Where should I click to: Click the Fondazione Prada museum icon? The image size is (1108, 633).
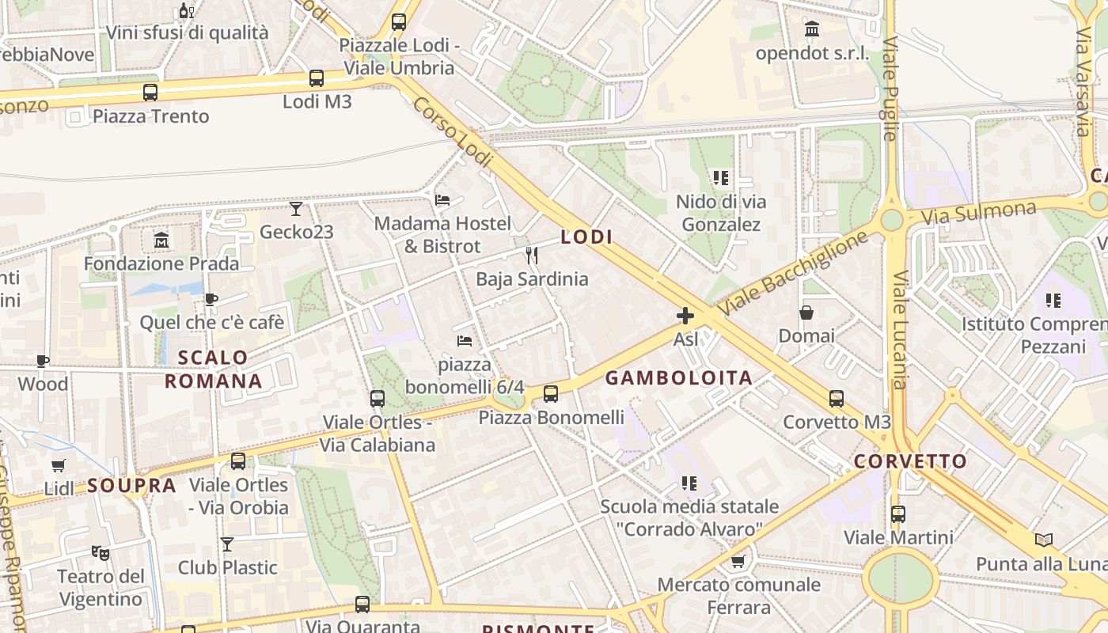click(161, 239)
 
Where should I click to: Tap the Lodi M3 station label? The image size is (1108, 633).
click(317, 102)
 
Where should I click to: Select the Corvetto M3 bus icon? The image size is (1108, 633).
click(837, 398)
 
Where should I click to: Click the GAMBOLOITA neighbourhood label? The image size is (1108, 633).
click(679, 378)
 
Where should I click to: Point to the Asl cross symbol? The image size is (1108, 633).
click(685, 316)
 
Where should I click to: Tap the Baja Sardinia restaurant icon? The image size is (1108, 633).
click(532, 255)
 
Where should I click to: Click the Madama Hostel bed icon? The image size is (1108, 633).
click(442, 199)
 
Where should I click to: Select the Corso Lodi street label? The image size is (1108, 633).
click(453, 132)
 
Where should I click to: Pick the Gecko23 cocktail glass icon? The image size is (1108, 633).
click(296, 209)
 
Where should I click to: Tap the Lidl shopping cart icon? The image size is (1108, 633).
click(58, 465)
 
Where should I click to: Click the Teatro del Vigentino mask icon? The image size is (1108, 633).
click(101, 552)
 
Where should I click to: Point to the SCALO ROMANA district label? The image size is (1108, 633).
click(213, 370)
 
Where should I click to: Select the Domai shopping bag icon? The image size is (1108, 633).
click(806, 313)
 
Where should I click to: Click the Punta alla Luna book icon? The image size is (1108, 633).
click(1044, 540)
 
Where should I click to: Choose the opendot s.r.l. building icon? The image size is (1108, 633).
click(812, 30)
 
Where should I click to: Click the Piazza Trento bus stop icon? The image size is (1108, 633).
click(150, 93)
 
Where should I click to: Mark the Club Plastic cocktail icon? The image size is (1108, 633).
click(227, 544)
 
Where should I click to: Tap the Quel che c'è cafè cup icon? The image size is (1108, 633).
click(211, 299)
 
